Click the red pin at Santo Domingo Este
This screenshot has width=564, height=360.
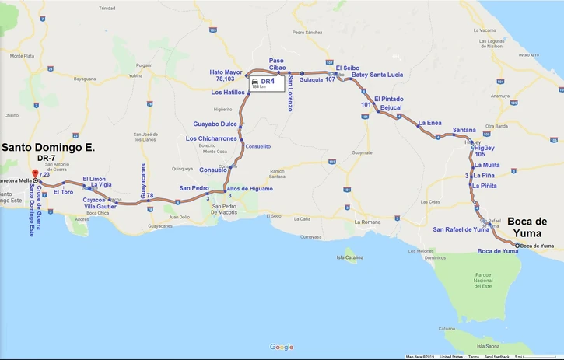pyautogui.click(x=33, y=173)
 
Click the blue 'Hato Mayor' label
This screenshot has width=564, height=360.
pyautogui.click(x=226, y=72)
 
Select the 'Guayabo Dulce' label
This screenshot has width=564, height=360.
pyautogui.click(x=215, y=124)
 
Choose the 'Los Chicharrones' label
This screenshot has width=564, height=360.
pyautogui.click(x=212, y=139)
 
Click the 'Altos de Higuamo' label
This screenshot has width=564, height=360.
pyautogui.click(x=250, y=189)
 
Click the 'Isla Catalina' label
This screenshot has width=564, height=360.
pyautogui.click(x=350, y=257)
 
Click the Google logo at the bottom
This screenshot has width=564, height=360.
pyautogui.click(x=282, y=347)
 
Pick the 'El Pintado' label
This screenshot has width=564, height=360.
pyautogui.click(x=388, y=99)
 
